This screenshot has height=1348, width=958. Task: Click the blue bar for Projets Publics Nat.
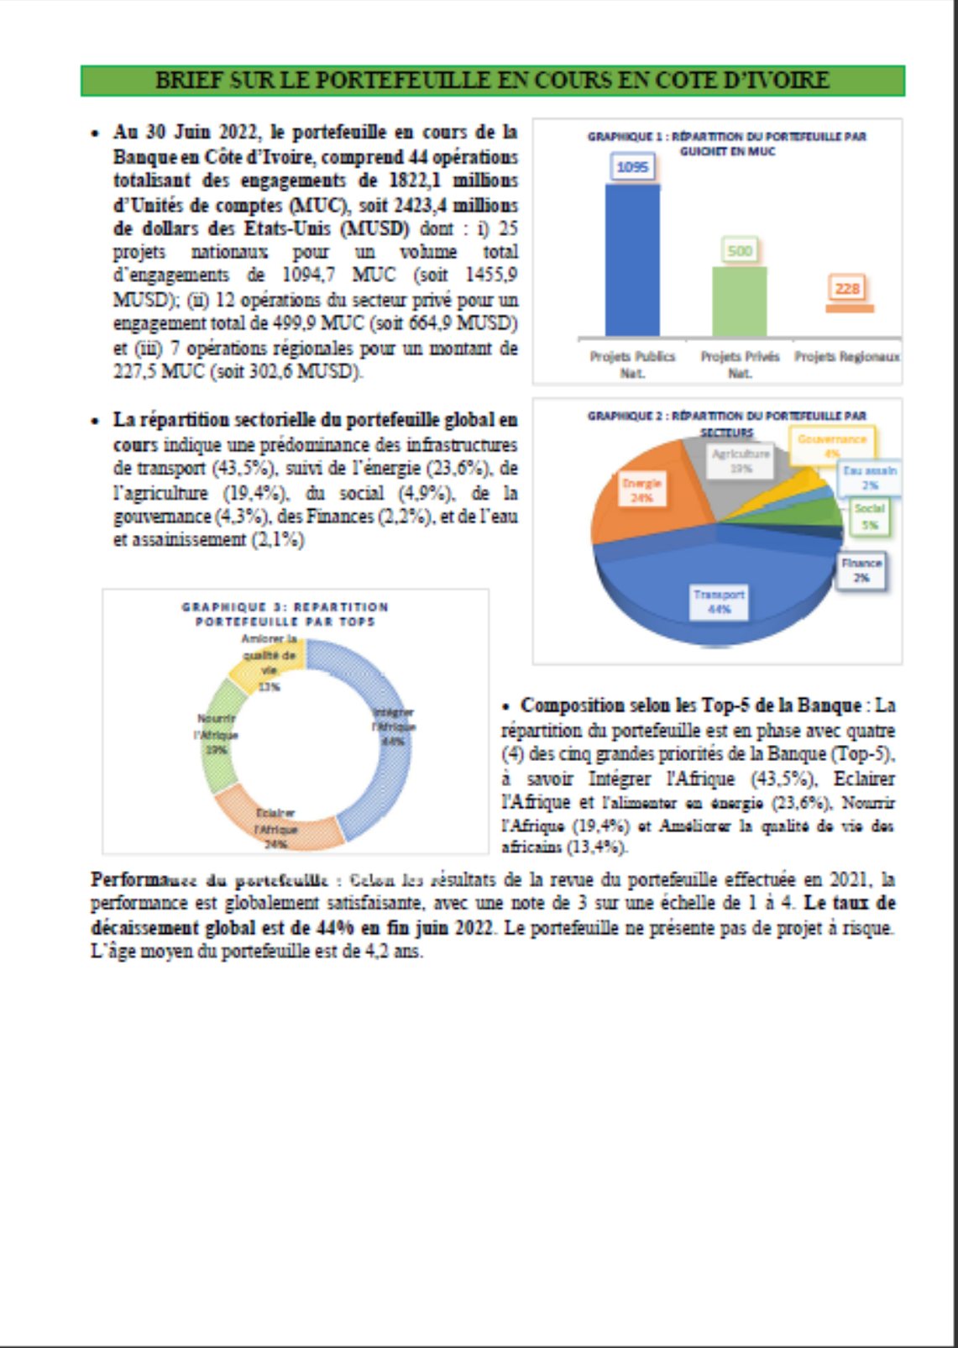click(x=632, y=260)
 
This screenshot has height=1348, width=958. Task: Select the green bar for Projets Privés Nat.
click(x=739, y=302)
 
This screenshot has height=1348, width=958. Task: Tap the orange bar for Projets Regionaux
click(x=849, y=308)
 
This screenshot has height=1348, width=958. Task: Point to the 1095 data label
click(x=632, y=166)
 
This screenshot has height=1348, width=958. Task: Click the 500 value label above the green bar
click(x=740, y=250)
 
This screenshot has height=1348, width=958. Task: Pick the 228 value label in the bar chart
click(x=847, y=288)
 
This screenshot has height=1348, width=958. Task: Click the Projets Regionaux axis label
click(x=847, y=357)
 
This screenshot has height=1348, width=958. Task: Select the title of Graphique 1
click(x=727, y=144)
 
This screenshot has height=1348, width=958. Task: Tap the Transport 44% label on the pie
click(x=719, y=601)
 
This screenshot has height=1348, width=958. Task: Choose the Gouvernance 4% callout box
click(x=832, y=446)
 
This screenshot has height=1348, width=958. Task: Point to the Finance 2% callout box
click(x=861, y=570)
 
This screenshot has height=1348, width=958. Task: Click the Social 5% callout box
click(x=870, y=517)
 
